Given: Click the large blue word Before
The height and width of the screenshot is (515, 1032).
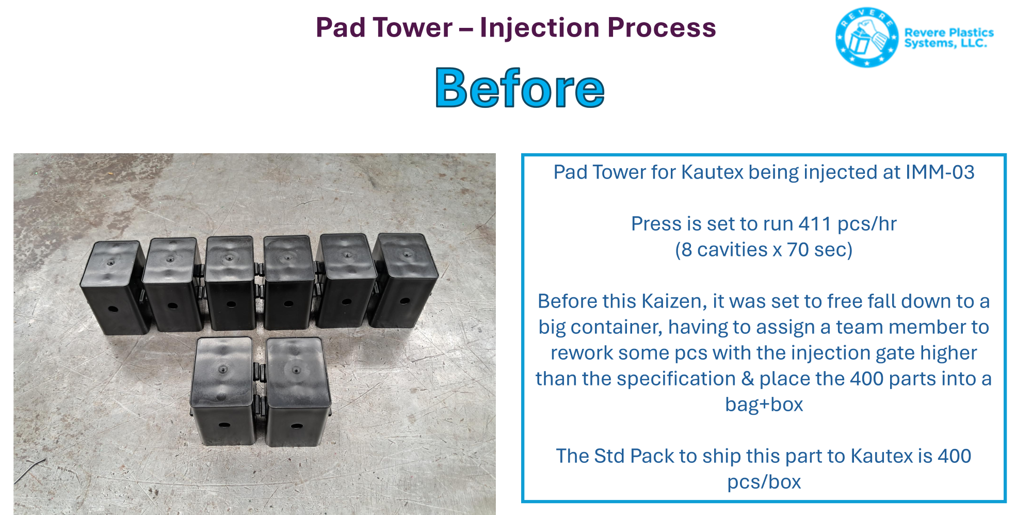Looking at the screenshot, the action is click(x=520, y=88).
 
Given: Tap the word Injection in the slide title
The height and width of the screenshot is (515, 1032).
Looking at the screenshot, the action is click(x=539, y=28).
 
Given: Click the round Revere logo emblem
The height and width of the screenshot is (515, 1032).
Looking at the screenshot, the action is click(x=867, y=37).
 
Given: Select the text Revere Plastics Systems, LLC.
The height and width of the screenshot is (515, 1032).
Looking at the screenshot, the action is click(x=948, y=38).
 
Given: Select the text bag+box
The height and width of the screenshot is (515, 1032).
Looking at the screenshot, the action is click(x=764, y=404).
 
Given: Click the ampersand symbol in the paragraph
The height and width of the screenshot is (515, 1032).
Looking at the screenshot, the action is click(x=748, y=379).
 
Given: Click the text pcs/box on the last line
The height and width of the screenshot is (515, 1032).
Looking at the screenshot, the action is click(x=764, y=482).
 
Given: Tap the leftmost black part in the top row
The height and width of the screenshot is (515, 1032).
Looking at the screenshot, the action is click(x=115, y=287).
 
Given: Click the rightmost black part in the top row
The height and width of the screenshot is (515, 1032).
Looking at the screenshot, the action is click(x=405, y=280).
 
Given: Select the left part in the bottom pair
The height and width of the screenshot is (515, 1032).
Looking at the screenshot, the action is click(x=223, y=391).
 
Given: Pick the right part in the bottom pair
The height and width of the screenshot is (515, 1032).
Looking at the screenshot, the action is click(x=298, y=392).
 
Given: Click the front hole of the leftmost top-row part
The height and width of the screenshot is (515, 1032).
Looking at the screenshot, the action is click(x=112, y=310).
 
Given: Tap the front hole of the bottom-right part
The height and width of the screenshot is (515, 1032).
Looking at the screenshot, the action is click(x=297, y=426).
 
